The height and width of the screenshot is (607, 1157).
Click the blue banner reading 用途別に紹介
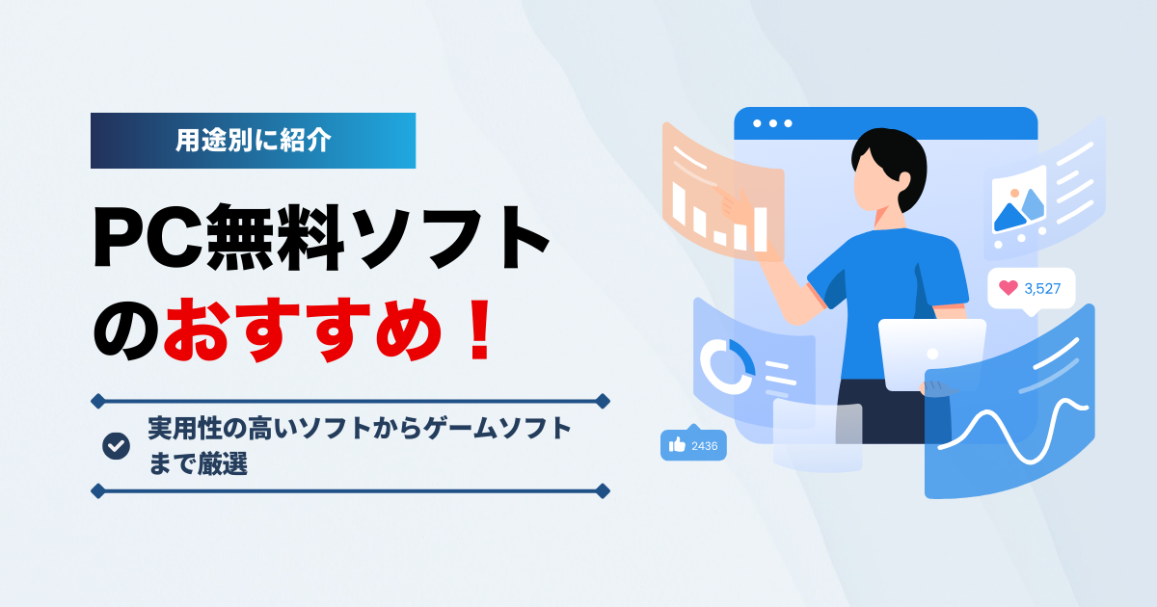[253, 141]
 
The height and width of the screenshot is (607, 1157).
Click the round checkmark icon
[116, 445]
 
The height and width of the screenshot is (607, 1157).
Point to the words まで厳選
[199, 463]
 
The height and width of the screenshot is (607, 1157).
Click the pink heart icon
[1008, 287]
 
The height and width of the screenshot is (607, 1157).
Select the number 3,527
[1042, 288]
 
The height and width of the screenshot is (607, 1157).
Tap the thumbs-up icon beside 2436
[677, 445]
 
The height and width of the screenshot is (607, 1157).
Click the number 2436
[705, 445]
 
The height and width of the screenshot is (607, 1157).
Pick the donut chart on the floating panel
[727, 366]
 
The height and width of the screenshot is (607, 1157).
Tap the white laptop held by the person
[930, 352]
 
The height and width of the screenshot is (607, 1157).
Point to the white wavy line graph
[1012, 429]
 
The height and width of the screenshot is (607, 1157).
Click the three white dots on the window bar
[772, 123]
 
